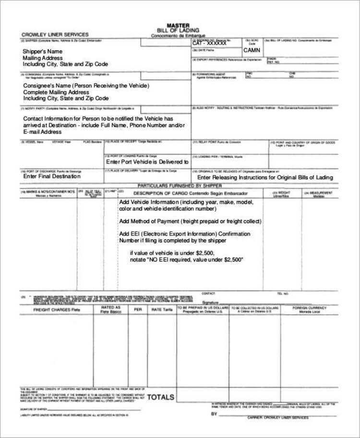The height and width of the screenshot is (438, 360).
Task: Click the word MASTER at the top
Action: coord(178,25)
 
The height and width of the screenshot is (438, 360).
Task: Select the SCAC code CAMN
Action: coord(252,50)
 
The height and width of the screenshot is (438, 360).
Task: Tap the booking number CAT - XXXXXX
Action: coord(209,43)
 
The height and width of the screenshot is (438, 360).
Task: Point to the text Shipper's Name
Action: coord(43,52)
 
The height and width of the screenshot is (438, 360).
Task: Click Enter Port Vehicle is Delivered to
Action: coord(147,162)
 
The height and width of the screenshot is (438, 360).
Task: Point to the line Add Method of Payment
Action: coord(190,221)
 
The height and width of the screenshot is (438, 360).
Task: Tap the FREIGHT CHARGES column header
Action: coord(57,310)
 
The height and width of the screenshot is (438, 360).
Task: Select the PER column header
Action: coord(138,310)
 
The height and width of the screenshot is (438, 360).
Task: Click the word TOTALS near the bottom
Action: coord(161,397)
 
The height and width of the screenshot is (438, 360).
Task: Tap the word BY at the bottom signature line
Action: coord(214,413)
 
